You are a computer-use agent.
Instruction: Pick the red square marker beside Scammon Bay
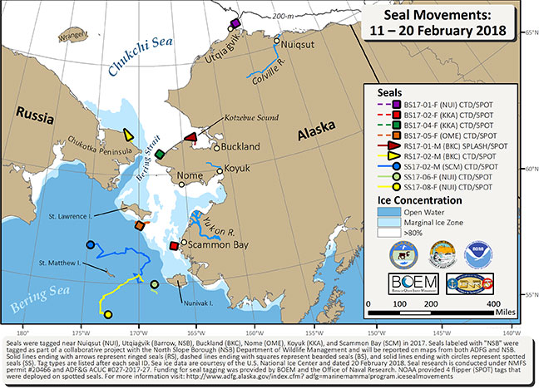coord(174,246)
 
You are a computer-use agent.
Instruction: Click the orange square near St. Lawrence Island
coord(139,224)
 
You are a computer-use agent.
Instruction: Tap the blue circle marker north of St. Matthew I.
coord(90,244)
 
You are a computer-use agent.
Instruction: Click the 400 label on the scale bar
coord(499,304)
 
